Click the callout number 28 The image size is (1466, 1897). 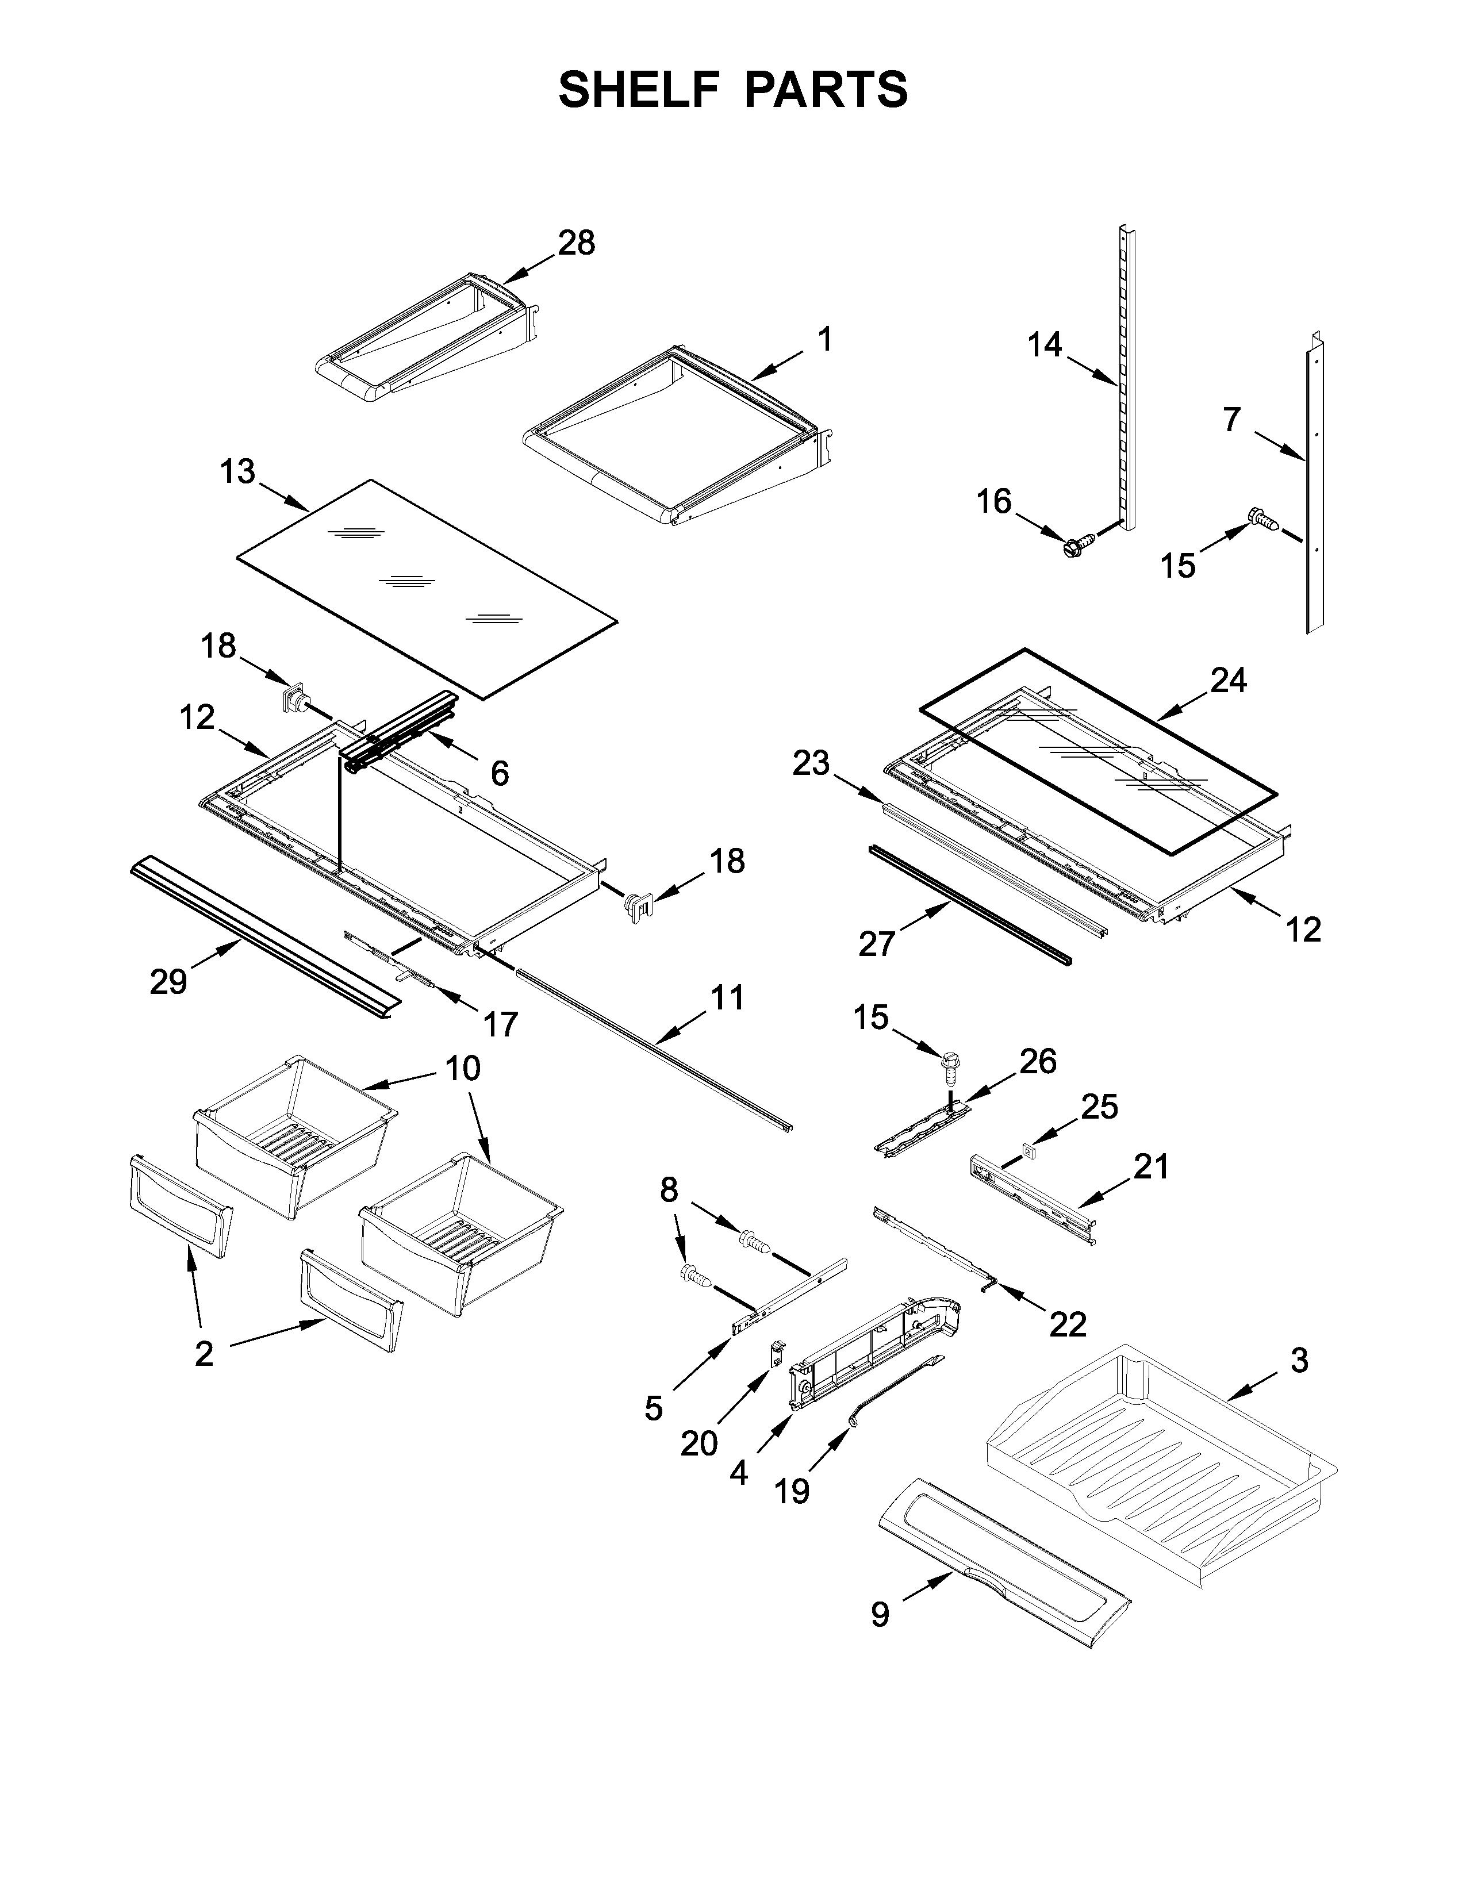(576, 243)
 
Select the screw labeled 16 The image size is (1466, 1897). (1073, 547)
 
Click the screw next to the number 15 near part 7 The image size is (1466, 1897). (1261, 519)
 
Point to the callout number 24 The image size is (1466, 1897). (1228, 679)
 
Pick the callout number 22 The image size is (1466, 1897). (1068, 1324)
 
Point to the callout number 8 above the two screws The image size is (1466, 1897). (668, 1190)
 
